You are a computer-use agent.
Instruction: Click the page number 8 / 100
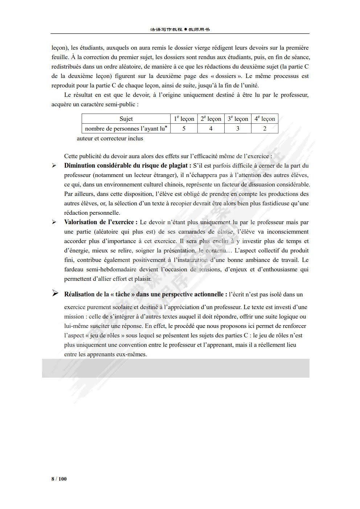point(59,479)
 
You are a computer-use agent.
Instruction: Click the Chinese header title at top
point(180,29)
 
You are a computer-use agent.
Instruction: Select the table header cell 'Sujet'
point(126,119)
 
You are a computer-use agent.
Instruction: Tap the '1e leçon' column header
point(184,119)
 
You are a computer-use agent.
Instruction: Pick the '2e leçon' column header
point(211,119)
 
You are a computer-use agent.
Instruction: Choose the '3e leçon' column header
point(238,119)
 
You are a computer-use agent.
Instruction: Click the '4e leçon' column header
point(265,119)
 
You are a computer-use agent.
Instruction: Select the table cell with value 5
point(184,128)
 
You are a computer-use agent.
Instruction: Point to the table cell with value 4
point(211,128)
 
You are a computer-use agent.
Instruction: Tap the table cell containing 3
point(238,128)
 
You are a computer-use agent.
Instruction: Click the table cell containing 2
point(265,128)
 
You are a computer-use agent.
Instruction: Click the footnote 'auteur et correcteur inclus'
point(110,138)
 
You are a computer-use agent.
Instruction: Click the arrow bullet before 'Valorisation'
point(54,222)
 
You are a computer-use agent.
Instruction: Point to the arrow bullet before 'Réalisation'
point(55,294)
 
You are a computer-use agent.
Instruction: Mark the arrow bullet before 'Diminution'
point(54,166)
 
